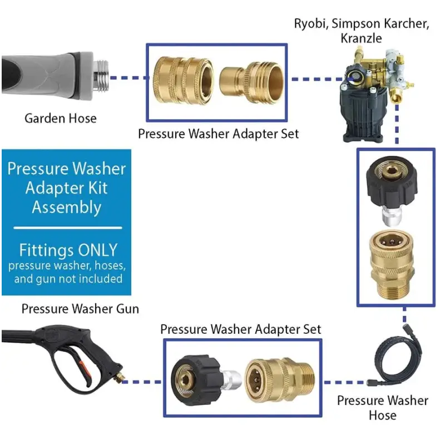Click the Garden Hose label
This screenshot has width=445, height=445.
(60, 118)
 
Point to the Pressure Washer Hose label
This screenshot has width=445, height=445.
(383, 408)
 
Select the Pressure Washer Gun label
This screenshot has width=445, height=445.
(80, 308)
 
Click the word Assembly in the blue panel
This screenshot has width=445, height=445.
(66, 207)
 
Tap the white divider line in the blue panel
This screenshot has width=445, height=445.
(67, 228)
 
